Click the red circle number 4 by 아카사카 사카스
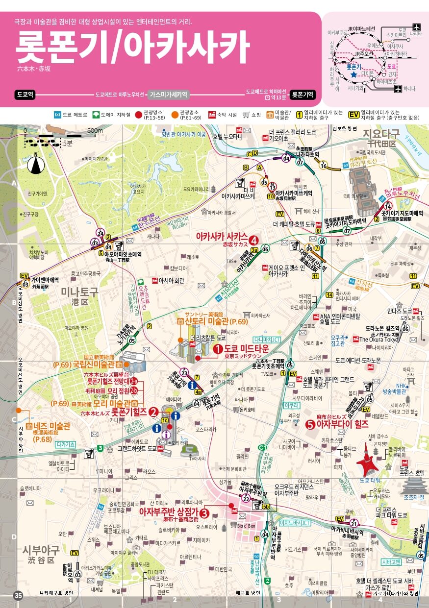[253, 240]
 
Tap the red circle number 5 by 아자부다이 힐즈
[310, 424]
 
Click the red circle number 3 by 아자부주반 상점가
[204, 513]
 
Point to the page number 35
[18, 596]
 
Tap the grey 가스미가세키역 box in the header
[169, 94]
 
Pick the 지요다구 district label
[381, 134]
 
